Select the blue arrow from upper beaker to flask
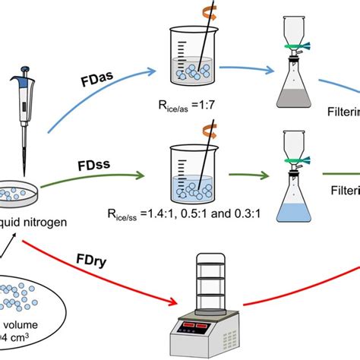[251, 70]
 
